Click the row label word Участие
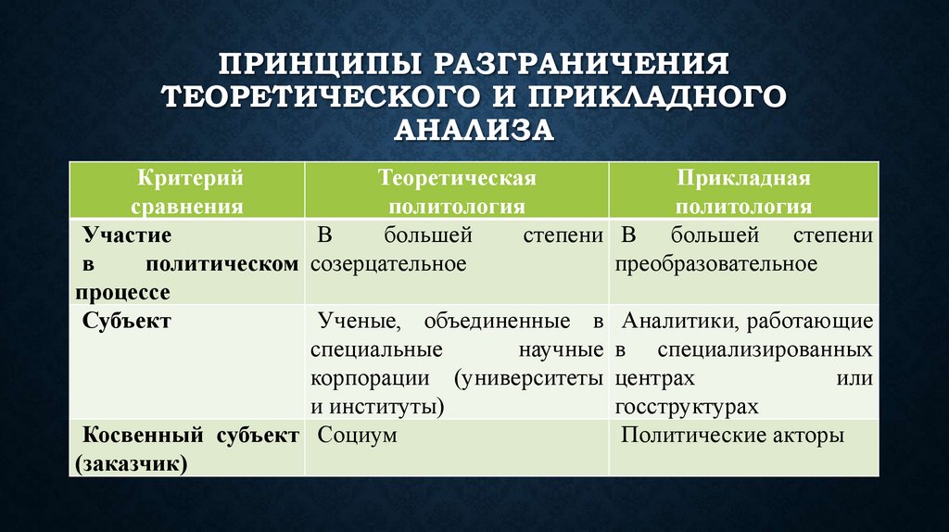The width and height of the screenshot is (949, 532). click(x=126, y=235)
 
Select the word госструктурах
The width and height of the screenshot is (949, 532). click(x=686, y=407)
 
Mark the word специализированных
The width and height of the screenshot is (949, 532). click(x=765, y=350)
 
